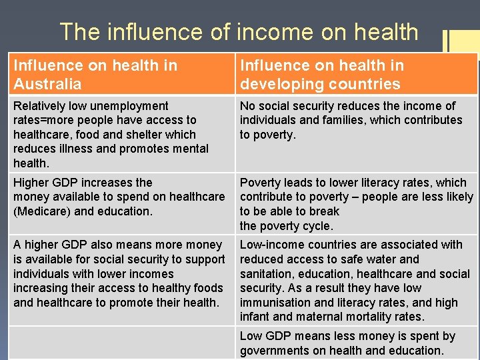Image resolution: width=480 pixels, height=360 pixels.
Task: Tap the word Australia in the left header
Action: pyautogui.click(x=47, y=84)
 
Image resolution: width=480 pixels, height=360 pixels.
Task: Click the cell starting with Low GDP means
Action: pyautogui.click(x=357, y=343)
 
